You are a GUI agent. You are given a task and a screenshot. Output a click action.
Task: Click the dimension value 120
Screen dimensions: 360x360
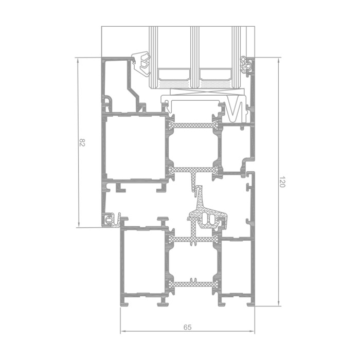[x=282, y=182]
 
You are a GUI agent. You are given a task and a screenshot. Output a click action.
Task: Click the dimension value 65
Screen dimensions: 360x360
[x=187, y=327]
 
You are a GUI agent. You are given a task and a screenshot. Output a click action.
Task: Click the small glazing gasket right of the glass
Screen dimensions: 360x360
[x=246, y=66]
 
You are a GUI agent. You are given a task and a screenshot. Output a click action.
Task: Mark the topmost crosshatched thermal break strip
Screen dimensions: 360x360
[x=193, y=125]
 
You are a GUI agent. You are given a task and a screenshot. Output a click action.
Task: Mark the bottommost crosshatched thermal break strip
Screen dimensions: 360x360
[x=193, y=284]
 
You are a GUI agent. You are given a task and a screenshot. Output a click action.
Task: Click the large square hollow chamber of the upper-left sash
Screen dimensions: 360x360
[x=135, y=148]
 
